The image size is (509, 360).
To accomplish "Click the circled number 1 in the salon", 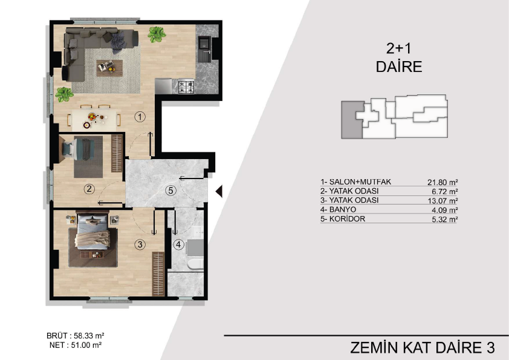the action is point(140,117).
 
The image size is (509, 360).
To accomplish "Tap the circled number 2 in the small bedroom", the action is point(89,189).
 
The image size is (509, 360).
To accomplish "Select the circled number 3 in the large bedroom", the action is point(140,244).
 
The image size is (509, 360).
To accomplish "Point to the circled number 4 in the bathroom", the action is point(178,244).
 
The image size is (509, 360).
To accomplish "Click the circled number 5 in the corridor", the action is point(170,191).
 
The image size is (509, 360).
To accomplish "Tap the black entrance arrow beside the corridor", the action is point(219,191).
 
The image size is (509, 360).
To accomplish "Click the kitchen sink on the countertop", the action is point(205,48).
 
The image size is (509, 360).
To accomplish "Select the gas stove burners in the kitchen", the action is point(186,87).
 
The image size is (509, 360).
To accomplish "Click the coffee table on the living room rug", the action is point(109,68).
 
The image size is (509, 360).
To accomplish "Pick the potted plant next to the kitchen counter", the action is point(157,34).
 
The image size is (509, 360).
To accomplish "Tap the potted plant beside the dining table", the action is point(64,94).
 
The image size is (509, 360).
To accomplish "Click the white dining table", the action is point(94,119).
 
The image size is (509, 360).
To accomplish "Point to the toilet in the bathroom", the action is point(195,264).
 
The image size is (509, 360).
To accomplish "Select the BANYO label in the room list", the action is point(343,209).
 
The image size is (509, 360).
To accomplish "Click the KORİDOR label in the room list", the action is point(347,218).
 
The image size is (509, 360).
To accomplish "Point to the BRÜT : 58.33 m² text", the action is point(76,336).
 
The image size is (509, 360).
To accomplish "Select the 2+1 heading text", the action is point(398,48).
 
